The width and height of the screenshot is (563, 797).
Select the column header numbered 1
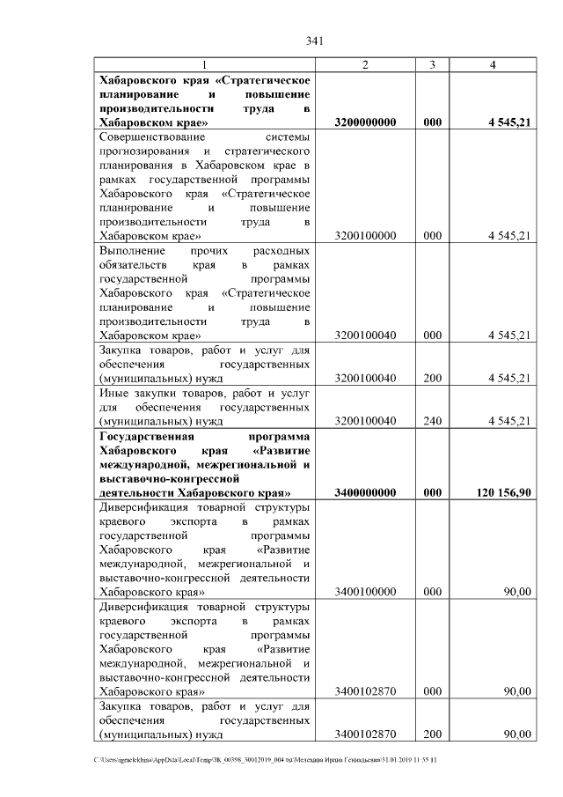[x=205, y=66]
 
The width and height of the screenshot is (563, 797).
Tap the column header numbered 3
[x=432, y=66]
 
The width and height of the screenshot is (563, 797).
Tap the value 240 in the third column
[x=432, y=421]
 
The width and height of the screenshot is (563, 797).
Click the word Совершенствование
[x=151, y=138]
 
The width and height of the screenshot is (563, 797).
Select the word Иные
[x=113, y=392]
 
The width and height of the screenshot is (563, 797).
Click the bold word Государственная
[x=151, y=435]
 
